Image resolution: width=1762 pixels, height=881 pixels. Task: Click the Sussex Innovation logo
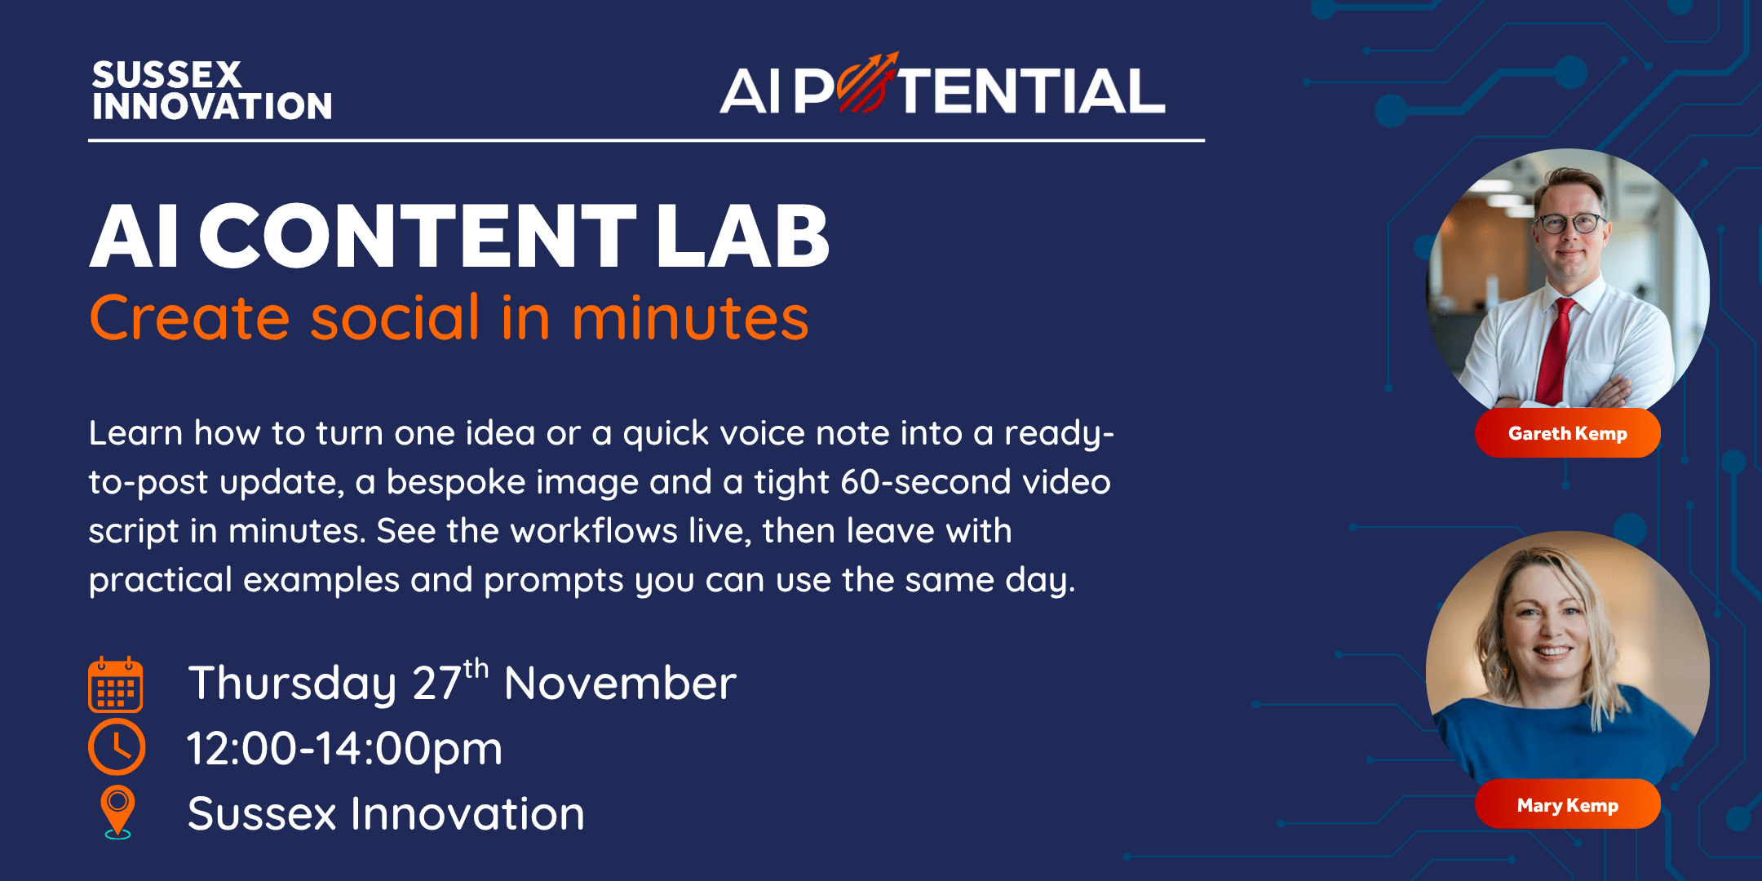212,91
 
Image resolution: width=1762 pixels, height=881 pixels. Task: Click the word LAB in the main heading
742,237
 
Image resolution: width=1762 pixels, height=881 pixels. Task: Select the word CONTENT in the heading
418,237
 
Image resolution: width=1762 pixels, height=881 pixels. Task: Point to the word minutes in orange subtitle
690,318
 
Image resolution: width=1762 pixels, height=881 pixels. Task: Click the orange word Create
189,318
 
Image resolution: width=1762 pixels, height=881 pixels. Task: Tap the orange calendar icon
116,684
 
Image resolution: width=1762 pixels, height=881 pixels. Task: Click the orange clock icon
117,747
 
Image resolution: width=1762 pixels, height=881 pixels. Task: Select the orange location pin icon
117,811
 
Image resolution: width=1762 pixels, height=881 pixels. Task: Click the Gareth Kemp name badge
1567,433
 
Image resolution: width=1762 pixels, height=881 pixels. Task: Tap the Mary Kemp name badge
1567,805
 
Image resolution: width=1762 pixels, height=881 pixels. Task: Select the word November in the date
620,684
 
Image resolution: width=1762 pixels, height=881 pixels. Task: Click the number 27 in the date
436,684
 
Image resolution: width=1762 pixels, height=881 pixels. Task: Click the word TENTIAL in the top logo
1031,91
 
